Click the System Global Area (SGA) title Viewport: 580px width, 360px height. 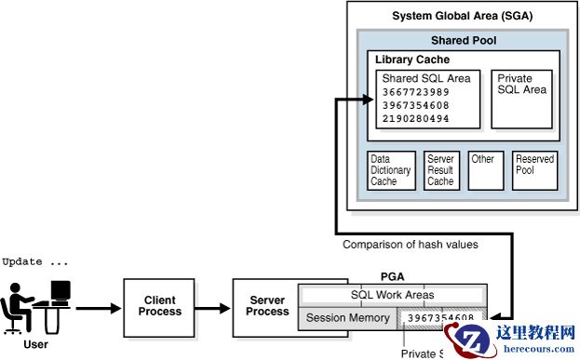coord(462,16)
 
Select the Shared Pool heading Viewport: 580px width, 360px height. coord(462,41)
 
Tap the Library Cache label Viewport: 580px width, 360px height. coord(411,60)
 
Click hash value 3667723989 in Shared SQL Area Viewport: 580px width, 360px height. coord(415,92)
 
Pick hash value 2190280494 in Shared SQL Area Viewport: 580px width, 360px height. coord(415,118)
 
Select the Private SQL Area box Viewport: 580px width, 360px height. coord(521,99)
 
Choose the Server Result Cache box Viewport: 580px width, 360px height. coord(440,170)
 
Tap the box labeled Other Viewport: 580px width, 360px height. coord(483,170)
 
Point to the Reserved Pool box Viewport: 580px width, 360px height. coord(533,170)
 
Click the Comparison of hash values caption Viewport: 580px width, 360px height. coord(410,245)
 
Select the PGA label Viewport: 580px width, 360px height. coord(392,276)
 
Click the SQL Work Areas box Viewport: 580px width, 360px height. coord(392,295)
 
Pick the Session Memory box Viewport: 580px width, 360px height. coord(349,318)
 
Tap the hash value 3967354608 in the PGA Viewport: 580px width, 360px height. coord(441,318)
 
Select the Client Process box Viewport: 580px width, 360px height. coord(159,306)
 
